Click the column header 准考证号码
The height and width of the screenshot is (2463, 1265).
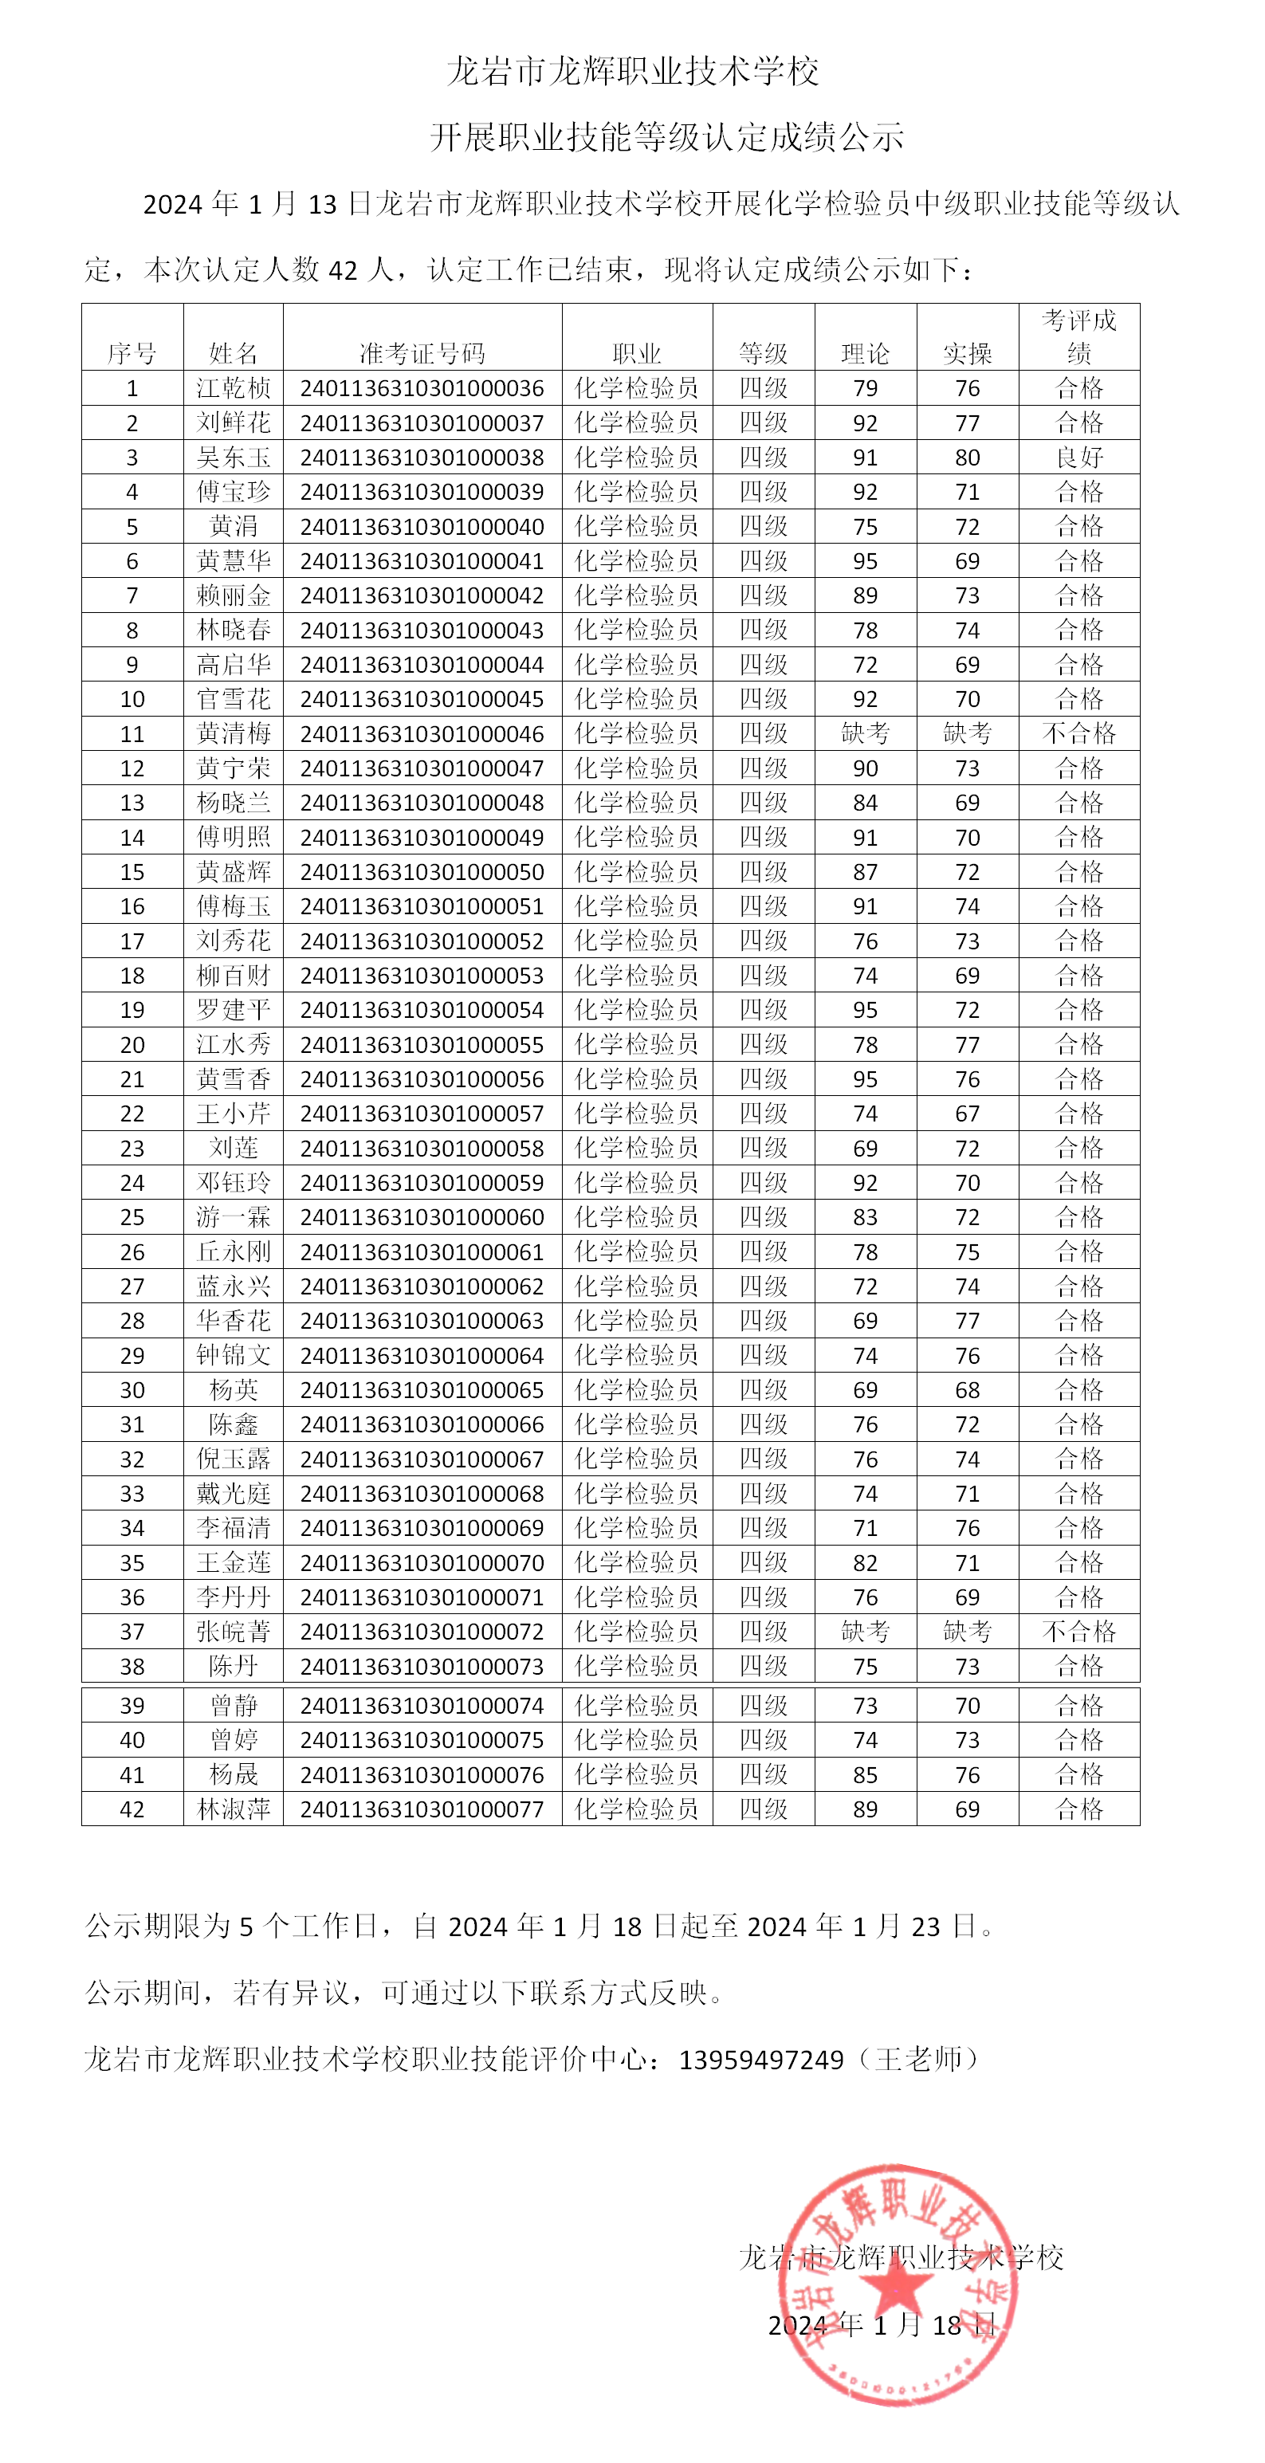[422, 354]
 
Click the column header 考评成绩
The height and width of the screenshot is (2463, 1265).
[1078, 336]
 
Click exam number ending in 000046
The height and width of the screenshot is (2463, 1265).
[422, 734]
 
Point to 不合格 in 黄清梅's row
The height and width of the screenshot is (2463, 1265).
[1078, 734]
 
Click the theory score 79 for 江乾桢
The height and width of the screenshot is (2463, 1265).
[866, 389]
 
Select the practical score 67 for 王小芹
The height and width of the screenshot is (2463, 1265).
[967, 1114]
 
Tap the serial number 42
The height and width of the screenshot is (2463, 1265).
[132, 1810]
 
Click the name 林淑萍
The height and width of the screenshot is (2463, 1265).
[234, 1810]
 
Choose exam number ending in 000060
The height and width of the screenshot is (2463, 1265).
[422, 1217]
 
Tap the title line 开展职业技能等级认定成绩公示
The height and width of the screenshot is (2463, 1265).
[666, 138]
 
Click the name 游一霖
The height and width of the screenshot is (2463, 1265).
[234, 1217]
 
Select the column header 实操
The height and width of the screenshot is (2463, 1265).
[967, 354]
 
